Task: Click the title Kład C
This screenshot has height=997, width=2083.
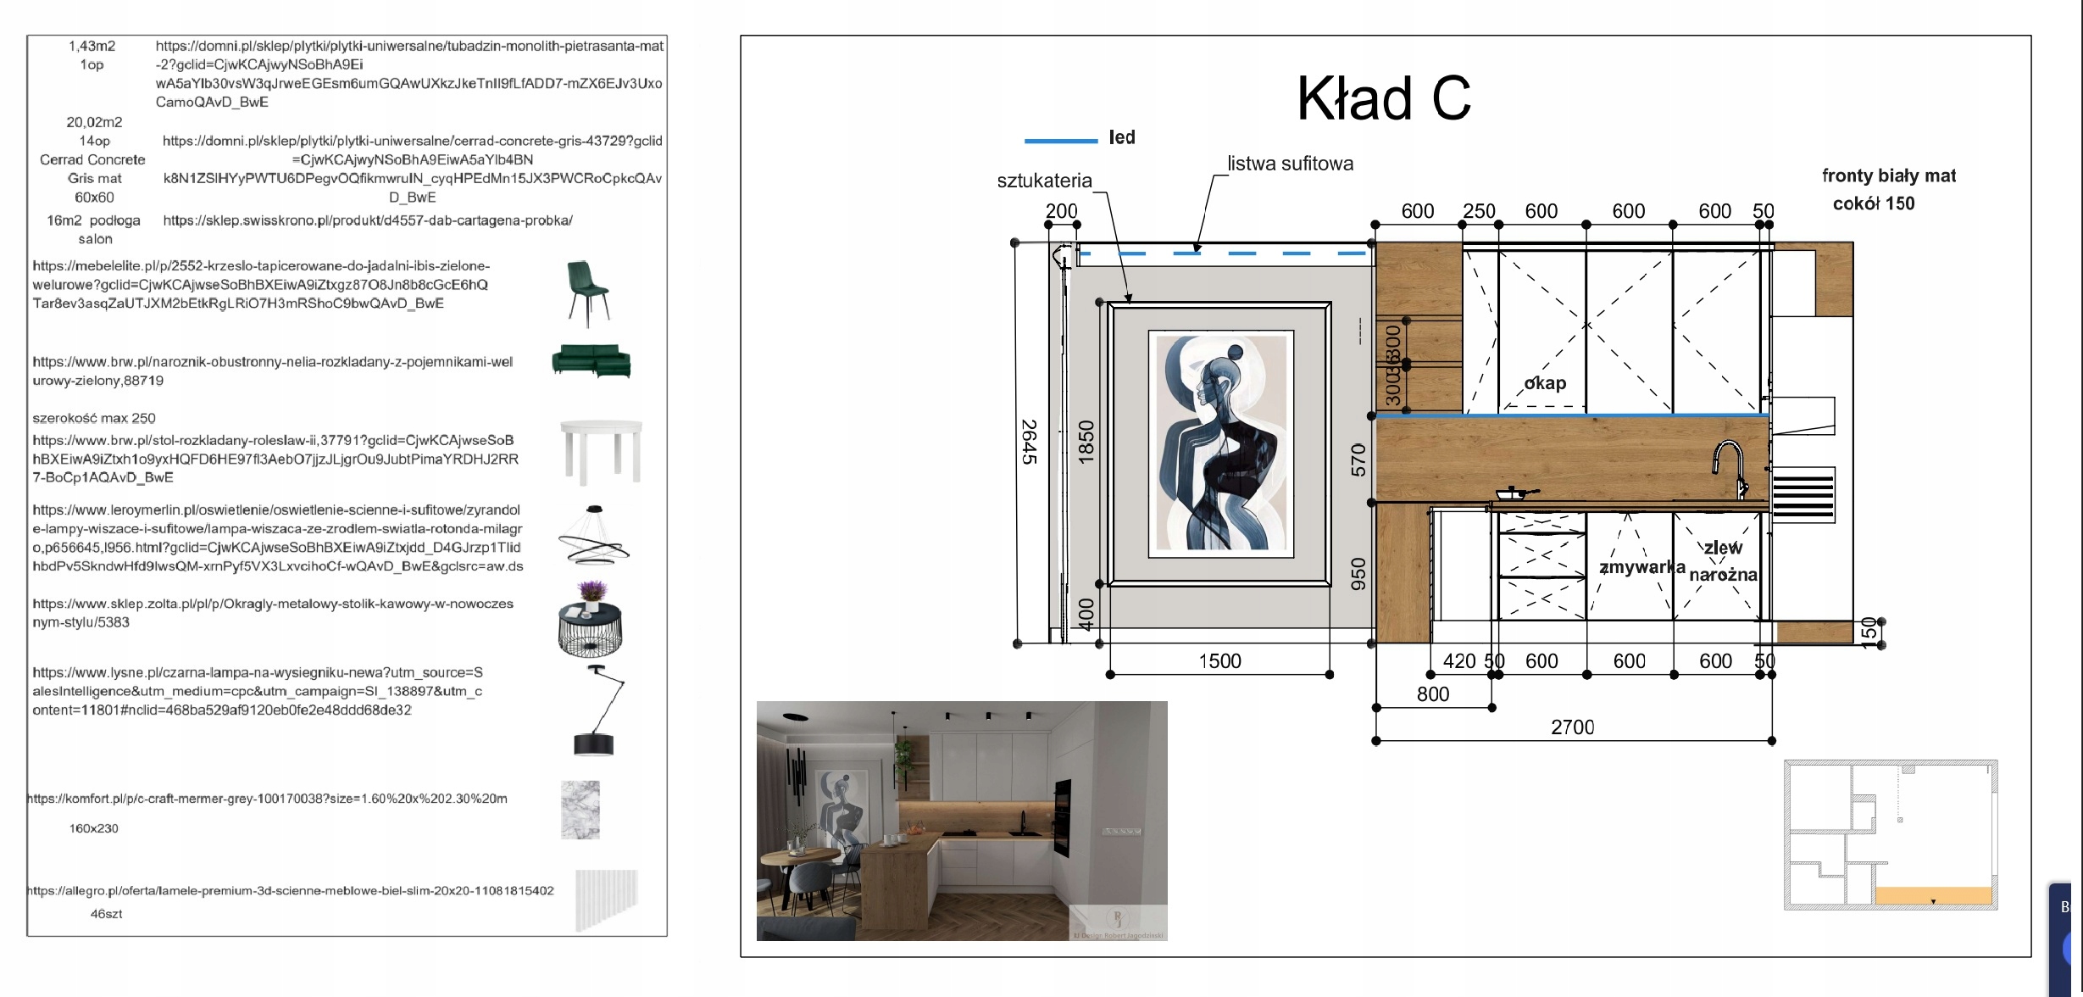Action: tap(1383, 98)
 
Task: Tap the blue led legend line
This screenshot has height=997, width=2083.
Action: tap(1060, 140)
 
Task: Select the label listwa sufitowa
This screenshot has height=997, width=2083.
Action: tap(1290, 164)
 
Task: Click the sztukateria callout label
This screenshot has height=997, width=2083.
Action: tap(1044, 181)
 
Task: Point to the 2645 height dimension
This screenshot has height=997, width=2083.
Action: tap(1029, 442)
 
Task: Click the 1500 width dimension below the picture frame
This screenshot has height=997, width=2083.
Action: tap(1219, 661)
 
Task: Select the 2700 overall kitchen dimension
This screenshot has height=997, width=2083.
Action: tap(1572, 727)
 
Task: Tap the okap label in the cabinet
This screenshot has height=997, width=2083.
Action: tap(1545, 383)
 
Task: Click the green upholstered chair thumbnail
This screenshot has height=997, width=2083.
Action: tap(587, 292)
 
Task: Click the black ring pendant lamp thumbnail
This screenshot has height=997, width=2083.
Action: tap(594, 536)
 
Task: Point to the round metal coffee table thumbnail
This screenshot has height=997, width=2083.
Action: tap(591, 624)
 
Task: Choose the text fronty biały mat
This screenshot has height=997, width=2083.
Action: tap(1889, 175)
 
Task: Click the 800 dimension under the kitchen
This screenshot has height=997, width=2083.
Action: tap(1433, 694)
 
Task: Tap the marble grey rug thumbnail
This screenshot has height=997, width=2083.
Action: tap(580, 810)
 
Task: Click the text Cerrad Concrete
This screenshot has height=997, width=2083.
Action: tap(92, 159)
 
